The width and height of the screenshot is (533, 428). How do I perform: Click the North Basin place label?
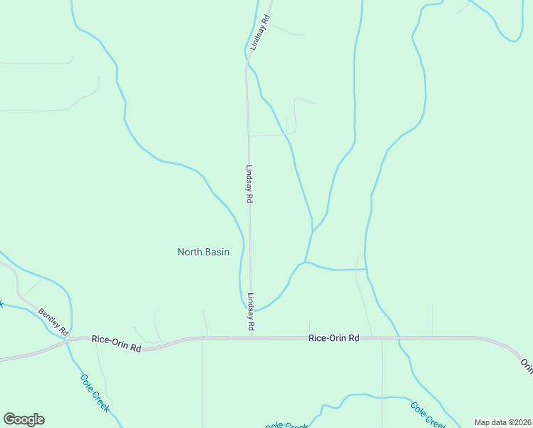click(x=203, y=252)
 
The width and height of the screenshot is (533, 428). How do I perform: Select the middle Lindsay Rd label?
click(x=249, y=185)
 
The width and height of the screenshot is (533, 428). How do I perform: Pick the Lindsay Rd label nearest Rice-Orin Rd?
click(x=251, y=312)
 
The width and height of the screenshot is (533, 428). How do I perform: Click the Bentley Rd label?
click(x=53, y=322)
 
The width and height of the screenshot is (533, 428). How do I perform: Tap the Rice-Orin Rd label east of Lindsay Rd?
click(x=333, y=337)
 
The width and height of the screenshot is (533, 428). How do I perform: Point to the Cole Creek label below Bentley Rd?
click(x=95, y=393)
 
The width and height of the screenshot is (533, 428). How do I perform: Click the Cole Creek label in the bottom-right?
click(x=428, y=416)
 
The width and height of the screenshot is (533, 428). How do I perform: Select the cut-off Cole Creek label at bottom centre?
click(x=286, y=425)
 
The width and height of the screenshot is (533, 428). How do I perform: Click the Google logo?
click(x=24, y=419)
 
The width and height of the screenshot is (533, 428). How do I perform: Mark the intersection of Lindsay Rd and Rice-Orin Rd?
click(x=251, y=337)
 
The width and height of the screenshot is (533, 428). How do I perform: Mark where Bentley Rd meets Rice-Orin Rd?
click(x=67, y=341)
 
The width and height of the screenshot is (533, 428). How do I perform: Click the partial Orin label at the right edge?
click(x=526, y=365)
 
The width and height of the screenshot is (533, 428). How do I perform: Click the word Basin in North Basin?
click(x=217, y=252)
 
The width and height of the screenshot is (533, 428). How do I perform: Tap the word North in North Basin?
click(x=190, y=252)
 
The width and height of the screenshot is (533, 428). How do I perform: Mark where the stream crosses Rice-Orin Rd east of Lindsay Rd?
click(x=398, y=337)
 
